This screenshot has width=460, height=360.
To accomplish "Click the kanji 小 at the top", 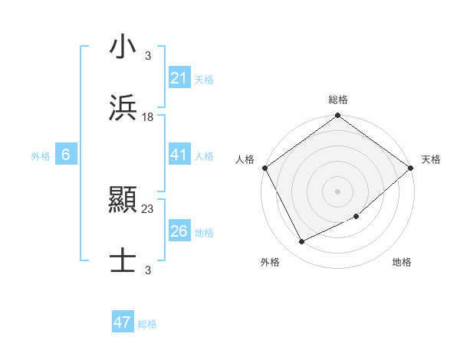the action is pyautogui.click(x=123, y=47).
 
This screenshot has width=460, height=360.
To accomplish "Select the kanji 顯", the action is pyautogui.click(x=123, y=201).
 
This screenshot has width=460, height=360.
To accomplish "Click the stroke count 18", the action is pyautogui.click(x=148, y=117).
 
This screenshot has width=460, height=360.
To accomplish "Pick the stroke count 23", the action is pyautogui.click(x=148, y=208).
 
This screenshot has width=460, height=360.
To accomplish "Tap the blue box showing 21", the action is pyautogui.click(x=179, y=78).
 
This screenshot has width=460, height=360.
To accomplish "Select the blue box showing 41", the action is pyautogui.click(x=179, y=155).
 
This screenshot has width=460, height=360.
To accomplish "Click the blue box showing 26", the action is pyautogui.click(x=179, y=231).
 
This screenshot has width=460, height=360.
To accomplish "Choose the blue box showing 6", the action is pyautogui.click(x=66, y=155).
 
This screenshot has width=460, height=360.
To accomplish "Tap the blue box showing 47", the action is pyautogui.click(x=123, y=322).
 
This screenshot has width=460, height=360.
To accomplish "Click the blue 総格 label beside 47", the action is pyautogui.click(x=147, y=324).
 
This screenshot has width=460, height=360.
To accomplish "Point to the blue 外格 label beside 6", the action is pyautogui.click(x=41, y=156).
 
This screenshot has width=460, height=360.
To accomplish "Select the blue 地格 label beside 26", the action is pyautogui.click(x=204, y=233).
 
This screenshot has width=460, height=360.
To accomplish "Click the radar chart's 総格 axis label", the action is pyautogui.click(x=337, y=100).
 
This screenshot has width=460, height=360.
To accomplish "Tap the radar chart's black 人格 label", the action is pyautogui.click(x=245, y=159).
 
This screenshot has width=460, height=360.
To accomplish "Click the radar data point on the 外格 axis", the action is pyautogui.click(x=302, y=241).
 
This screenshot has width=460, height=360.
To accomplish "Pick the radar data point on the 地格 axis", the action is pyautogui.click(x=356, y=217).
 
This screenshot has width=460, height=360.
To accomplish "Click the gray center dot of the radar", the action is pyautogui.click(x=337, y=191).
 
